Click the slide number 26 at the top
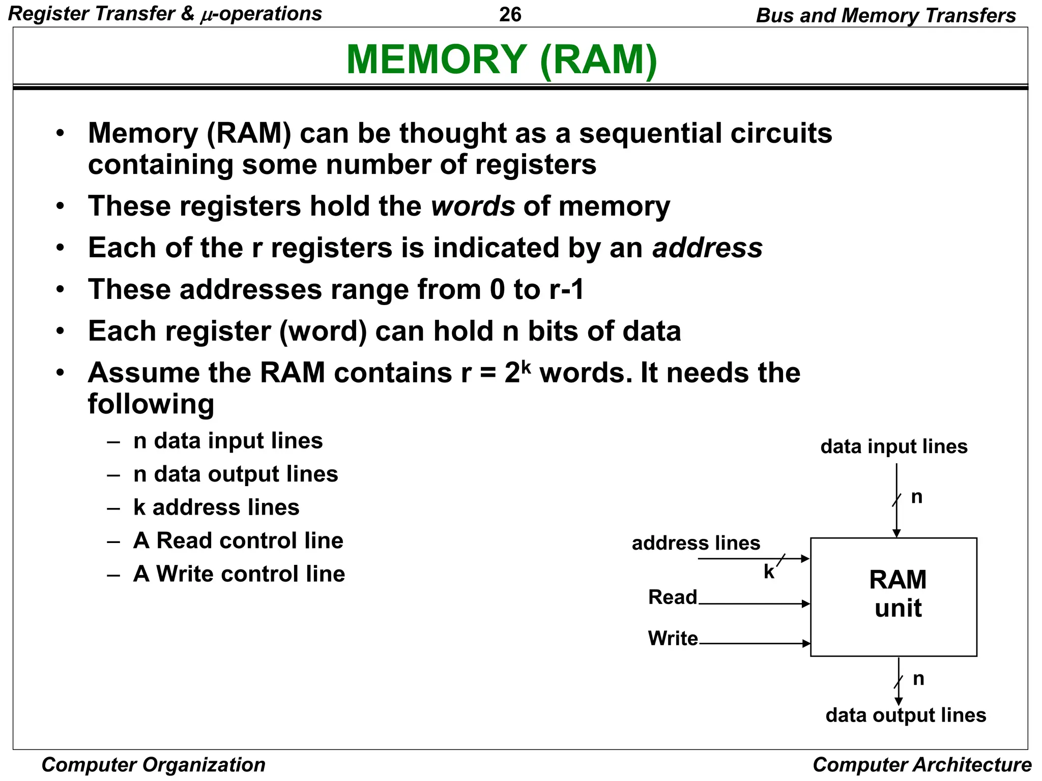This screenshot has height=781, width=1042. coord(510,15)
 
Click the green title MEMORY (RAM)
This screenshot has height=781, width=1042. coord(502,59)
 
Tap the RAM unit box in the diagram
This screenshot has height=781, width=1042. coord(893,596)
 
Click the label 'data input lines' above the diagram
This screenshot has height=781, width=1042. coord(893,446)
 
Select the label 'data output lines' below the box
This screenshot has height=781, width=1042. coord(906,715)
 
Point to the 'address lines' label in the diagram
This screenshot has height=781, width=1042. coord(696,543)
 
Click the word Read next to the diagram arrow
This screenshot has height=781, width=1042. coord(672,597)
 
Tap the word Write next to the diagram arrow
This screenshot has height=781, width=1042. coord(673,638)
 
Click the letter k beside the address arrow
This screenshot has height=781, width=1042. coord(769,572)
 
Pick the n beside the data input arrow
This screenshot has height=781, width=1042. coord(916,497)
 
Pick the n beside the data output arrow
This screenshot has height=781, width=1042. coord(918,679)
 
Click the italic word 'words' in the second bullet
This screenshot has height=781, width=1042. coord(473,206)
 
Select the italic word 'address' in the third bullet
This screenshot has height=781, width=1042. coord(707,248)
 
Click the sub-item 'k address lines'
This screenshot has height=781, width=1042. coord(216,507)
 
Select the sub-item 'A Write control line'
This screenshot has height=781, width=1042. coord(239,574)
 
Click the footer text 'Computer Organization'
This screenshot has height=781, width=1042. coord(153,765)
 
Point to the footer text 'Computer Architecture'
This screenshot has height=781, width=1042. coord(921,765)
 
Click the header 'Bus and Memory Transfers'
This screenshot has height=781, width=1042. coord(885,15)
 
